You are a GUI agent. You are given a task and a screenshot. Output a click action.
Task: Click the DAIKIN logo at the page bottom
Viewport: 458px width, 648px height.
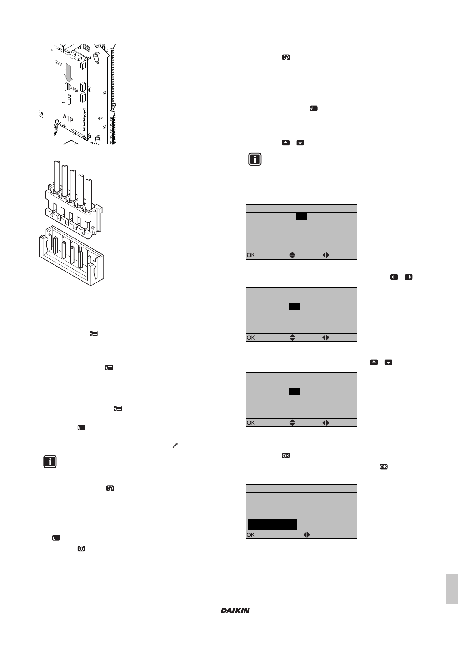tap(235, 610)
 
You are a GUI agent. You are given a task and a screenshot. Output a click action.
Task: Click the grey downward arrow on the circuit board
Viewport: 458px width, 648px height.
tap(68, 73)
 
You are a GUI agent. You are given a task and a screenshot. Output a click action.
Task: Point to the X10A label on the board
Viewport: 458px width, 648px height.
tap(74, 89)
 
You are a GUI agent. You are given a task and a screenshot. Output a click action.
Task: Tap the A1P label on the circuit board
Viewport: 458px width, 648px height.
tap(68, 118)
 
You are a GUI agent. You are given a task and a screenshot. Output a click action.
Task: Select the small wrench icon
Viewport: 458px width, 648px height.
tap(175, 445)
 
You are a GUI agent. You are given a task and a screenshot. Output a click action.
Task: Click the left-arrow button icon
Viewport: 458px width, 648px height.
tap(394, 277)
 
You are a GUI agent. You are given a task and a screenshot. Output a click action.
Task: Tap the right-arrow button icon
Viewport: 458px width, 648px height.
tap(408, 277)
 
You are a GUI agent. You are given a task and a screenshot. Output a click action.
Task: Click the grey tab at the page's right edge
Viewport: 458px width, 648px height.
tap(452, 589)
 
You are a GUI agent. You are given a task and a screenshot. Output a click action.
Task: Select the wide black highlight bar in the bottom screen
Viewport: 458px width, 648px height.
tap(272, 525)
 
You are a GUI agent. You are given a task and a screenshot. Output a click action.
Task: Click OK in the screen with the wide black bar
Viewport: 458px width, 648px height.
tap(251, 535)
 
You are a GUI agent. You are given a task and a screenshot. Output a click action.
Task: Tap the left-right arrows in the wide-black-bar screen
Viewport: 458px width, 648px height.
tap(307, 535)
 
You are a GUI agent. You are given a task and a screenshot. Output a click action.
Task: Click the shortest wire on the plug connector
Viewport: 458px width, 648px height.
tap(89, 194)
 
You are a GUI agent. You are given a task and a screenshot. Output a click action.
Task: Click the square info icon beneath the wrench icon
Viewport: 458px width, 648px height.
tap(50, 462)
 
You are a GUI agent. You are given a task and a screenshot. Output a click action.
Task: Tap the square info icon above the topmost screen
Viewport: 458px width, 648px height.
tap(255, 159)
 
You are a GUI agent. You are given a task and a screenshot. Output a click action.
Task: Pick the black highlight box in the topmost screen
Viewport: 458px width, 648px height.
tap(301, 217)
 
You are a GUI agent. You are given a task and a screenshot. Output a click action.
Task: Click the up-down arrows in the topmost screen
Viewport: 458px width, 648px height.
tap(292, 255)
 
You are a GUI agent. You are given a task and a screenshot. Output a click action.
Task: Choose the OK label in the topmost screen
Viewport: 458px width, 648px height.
tap(251, 255)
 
